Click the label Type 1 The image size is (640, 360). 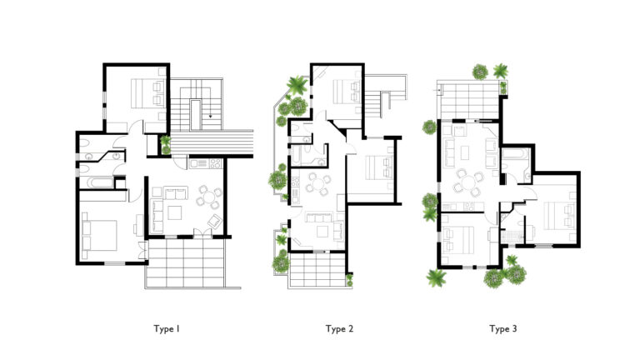click(167, 329)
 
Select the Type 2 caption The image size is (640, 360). click(339, 329)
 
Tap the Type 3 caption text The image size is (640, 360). click(502, 329)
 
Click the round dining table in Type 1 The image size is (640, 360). click(209, 197)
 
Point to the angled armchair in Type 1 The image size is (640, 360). click(215, 222)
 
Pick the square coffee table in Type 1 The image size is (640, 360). click(175, 212)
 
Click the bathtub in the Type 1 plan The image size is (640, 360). click(97, 182)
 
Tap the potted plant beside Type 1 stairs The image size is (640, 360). click(165, 145)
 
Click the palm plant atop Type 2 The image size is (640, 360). click(297, 85)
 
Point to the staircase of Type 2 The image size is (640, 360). click(372, 105)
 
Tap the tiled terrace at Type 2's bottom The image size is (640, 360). click(317, 270)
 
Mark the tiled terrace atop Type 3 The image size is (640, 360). click(469, 100)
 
